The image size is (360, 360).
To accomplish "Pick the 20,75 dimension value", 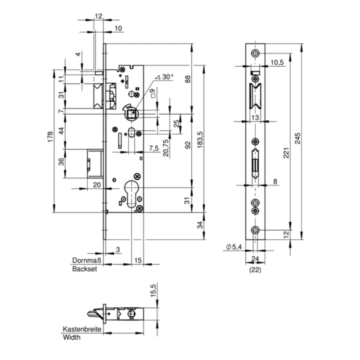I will (166, 147).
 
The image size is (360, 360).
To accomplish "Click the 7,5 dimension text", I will (153, 148).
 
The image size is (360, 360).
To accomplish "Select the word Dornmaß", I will (85, 261).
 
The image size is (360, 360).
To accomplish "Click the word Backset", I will (85, 269).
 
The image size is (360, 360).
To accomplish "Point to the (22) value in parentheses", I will (255, 270).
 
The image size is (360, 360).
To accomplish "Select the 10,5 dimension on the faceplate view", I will (277, 63).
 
